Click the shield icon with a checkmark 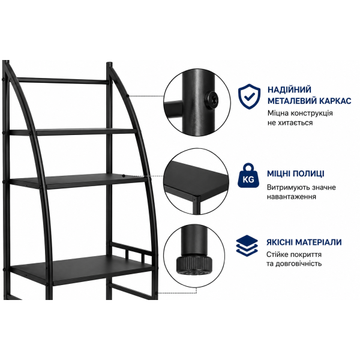(x=249, y=97)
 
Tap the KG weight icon (x=248, y=175)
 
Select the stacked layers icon (x=247, y=245)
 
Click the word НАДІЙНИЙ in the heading (x=289, y=89)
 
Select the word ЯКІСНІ (x=280, y=242)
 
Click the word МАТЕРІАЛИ (x=319, y=242)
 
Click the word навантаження (x=292, y=197)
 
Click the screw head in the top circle (x=211, y=100)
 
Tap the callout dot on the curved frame (x=127, y=96)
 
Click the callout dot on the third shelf (x=124, y=176)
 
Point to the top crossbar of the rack (x=62, y=80)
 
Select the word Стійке (x=277, y=254)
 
